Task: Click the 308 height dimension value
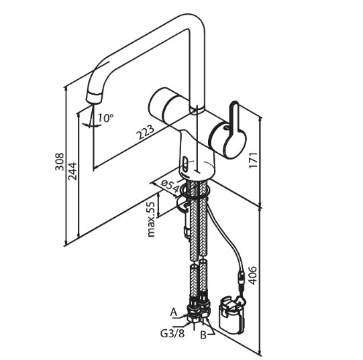59,162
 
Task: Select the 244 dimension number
72,172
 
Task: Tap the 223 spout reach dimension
145,132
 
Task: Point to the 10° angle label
105,118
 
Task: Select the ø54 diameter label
170,186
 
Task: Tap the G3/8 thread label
173,333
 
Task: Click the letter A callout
174,312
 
